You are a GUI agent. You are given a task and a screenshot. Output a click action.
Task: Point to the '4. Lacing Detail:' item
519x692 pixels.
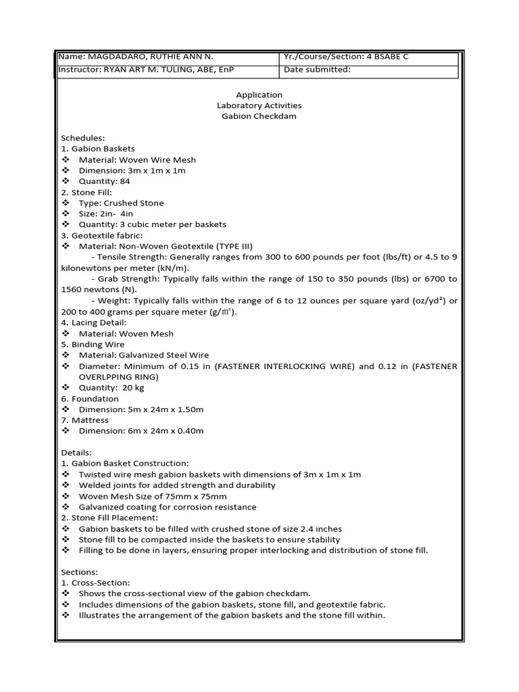point(93,322)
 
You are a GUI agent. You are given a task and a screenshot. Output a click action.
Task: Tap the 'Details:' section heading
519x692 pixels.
point(76,453)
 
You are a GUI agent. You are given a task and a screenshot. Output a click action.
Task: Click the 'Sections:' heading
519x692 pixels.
point(80,572)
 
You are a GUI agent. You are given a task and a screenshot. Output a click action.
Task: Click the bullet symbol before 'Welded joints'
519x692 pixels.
point(66,485)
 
